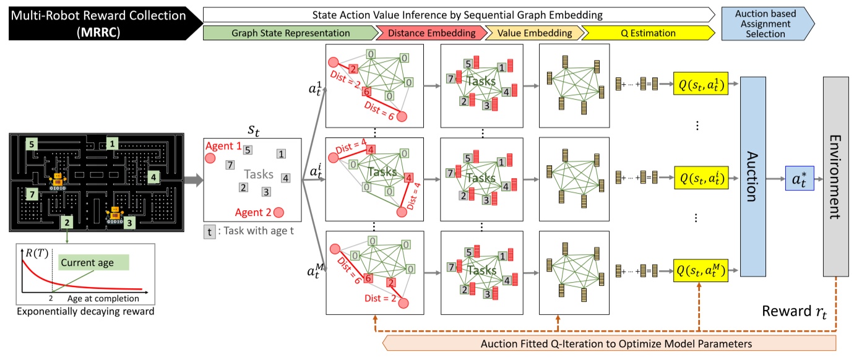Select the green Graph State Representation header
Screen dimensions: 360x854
click(288, 33)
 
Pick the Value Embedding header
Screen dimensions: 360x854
click(533, 33)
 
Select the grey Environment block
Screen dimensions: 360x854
click(835, 177)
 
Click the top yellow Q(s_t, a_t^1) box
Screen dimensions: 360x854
click(700, 84)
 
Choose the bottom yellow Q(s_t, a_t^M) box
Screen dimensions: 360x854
click(700, 269)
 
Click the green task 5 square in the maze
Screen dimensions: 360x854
click(30, 144)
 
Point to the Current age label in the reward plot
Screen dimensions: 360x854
click(87, 263)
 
